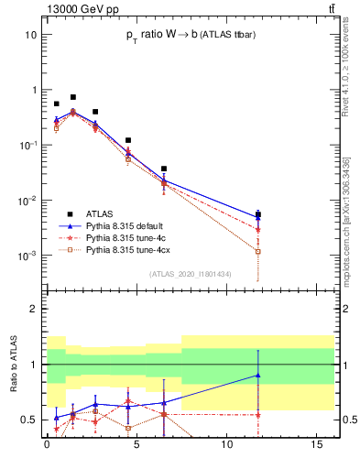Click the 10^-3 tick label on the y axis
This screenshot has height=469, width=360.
[x=27, y=256]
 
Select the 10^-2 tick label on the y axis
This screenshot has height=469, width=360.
[x=27, y=201]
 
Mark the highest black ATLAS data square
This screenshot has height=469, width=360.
[x=73, y=96]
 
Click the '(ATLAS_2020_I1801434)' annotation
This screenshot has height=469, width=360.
[x=190, y=274]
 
